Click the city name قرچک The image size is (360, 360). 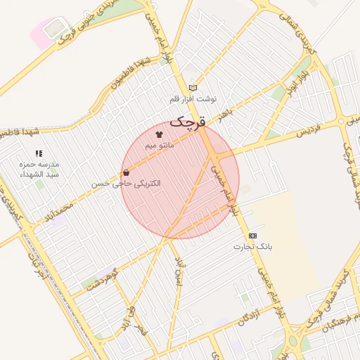click(188, 122)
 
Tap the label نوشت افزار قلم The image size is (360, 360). click(194, 99)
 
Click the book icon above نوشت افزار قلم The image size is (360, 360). click(193, 87)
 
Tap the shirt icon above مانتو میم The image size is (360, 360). click(158, 133)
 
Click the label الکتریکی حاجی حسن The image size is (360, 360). click(125, 184)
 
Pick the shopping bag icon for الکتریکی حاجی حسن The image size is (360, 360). click(126, 172)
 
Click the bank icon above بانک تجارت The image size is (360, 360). click(252, 236)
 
